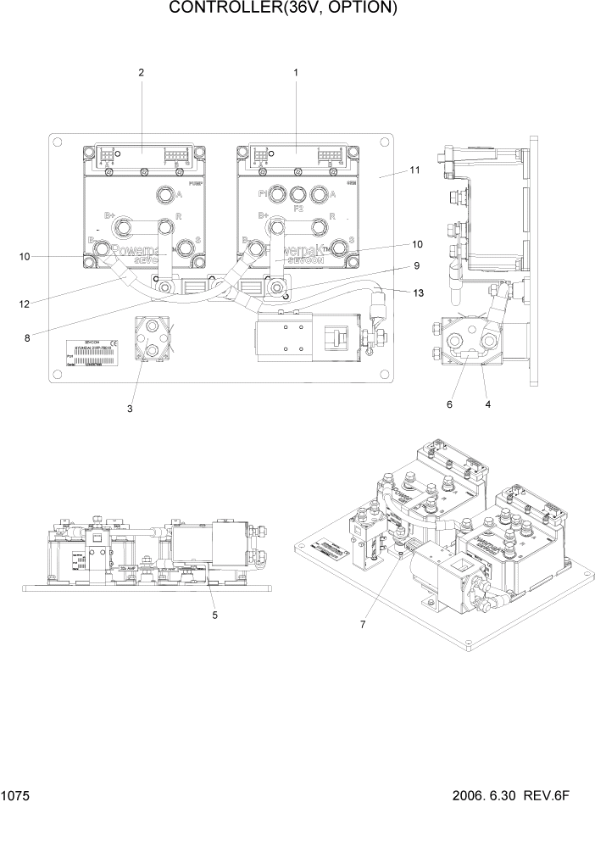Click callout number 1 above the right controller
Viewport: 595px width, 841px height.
296,73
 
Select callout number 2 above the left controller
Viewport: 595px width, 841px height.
142,73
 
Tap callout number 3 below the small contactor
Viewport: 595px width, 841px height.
130,409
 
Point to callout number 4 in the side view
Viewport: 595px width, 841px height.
488,405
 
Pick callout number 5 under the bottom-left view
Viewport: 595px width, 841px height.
214,615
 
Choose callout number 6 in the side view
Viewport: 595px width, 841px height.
450,405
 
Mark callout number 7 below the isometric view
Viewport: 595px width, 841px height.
362,625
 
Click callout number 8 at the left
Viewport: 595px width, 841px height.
27,337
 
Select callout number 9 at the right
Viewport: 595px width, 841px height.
416,265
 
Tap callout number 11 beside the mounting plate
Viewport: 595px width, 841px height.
414,170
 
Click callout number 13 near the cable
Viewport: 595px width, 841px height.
416,292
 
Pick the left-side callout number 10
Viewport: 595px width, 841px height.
25,256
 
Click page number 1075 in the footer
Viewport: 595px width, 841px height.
16,797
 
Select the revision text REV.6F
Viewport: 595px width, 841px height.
556,797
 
